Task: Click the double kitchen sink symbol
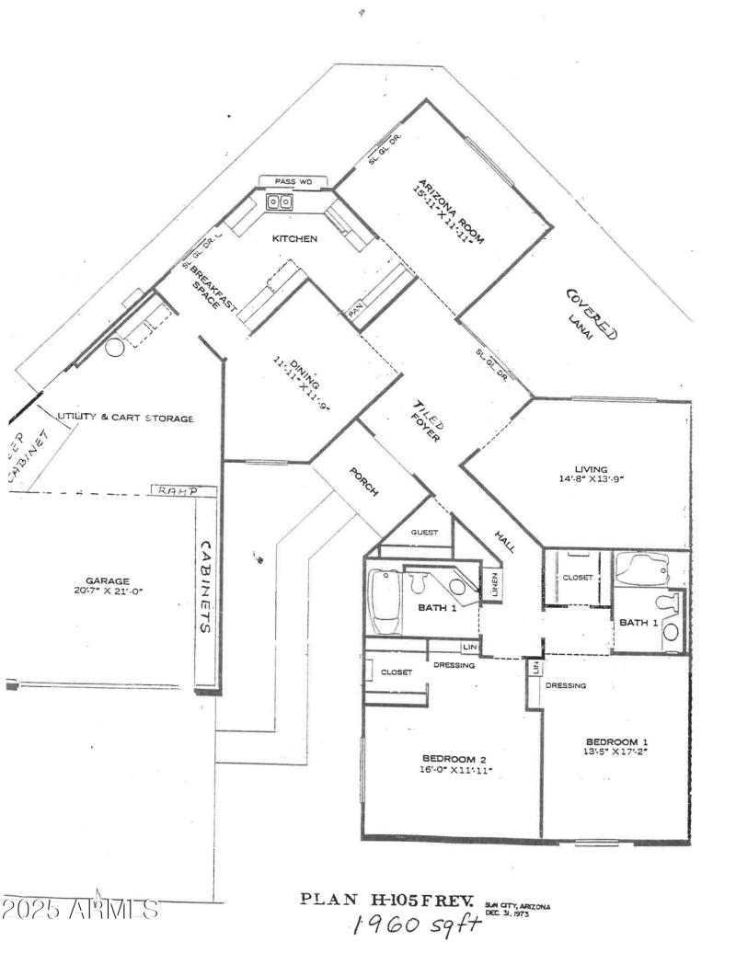281,202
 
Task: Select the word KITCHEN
294,239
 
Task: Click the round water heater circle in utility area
115,348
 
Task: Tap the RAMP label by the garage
178,491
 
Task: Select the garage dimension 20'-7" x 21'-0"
109,592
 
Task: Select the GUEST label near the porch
425,533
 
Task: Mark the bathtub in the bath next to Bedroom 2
384,603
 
